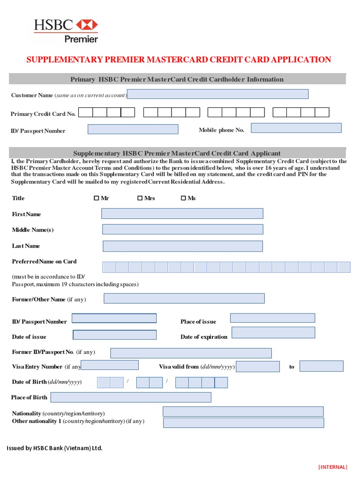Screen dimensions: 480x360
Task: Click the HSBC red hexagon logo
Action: click(87, 25)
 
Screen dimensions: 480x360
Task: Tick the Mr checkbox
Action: click(97, 198)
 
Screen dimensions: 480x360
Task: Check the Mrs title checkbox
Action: click(140, 198)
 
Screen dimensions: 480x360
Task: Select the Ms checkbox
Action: click(183, 198)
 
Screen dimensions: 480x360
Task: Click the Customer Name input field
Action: click(217, 94)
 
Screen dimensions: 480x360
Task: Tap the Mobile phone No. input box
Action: click(296, 128)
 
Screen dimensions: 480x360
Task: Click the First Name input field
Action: click(182, 214)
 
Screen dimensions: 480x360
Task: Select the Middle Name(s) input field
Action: click(182, 229)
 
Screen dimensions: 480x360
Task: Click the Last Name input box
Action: click(182, 246)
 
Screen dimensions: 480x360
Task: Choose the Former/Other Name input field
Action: click(184, 299)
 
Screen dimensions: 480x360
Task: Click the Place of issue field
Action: click(272, 318)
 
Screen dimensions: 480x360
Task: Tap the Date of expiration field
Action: click(273, 333)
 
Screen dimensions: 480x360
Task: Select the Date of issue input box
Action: click(115, 335)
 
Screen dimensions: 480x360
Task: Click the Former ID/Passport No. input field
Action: click(191, 353)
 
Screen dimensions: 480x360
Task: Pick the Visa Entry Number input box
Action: click(110, 365)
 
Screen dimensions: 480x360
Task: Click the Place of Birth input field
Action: click(131, 397)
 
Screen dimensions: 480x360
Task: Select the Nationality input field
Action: click(243, 412)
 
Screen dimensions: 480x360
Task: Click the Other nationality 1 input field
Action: click(243, 423)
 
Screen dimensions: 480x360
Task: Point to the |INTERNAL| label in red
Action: click(333, 467)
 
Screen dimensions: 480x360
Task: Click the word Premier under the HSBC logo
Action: click(81, 39)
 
